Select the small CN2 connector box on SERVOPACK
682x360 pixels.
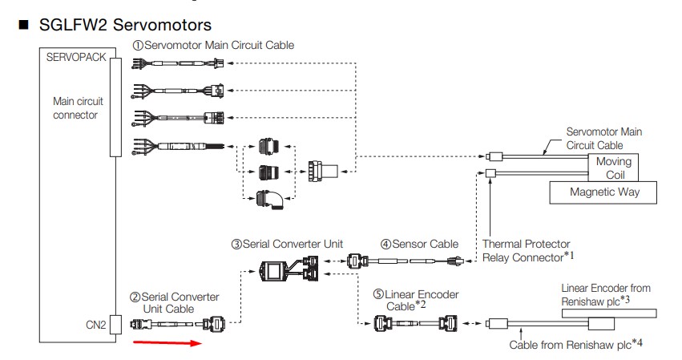click(x=114, y=325)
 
